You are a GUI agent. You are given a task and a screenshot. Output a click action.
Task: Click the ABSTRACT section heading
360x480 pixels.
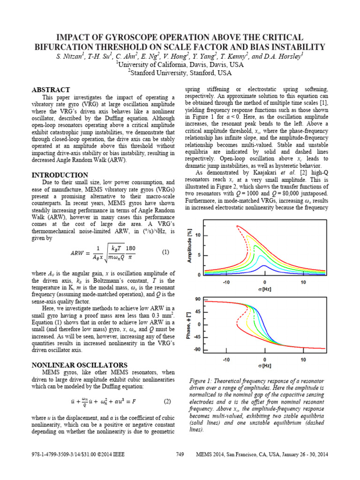(51, 90)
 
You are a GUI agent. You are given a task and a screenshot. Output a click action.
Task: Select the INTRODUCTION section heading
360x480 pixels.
(60, 175)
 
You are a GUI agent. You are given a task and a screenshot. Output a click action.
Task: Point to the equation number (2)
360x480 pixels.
(167, 402)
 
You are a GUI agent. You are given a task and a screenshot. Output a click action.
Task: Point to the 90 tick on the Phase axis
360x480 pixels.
(198, 299)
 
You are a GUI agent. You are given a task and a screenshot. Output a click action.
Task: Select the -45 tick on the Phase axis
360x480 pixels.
(197, 337)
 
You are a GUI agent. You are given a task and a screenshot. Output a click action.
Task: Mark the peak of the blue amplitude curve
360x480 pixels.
(264, 265)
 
